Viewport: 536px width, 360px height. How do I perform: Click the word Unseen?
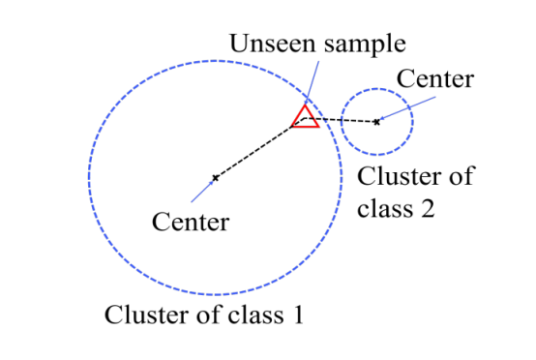pos(273,44)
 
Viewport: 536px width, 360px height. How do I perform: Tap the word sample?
pos(365,45)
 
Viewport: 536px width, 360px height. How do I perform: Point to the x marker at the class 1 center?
pos(216,178)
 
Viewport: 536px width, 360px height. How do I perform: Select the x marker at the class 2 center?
pos(376,122)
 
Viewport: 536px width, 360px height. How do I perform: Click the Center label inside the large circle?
pos(191,222)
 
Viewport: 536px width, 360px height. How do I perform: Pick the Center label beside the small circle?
pos(435,78)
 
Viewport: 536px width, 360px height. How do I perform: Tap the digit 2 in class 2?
pos(428,208)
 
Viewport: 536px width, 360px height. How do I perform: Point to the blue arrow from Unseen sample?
pos(313,82)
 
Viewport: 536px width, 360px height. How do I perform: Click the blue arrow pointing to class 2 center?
pos(407,108)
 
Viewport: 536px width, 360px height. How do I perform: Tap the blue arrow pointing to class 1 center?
pos(203,190)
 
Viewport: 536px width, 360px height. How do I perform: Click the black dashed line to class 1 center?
pos(259,148)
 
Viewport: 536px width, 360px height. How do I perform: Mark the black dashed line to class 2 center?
pos(340,120)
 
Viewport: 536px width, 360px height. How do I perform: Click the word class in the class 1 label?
pos(256,315)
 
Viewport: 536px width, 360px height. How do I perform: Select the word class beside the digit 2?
pos(385,207)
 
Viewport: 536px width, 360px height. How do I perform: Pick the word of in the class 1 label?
pos(209,315)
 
